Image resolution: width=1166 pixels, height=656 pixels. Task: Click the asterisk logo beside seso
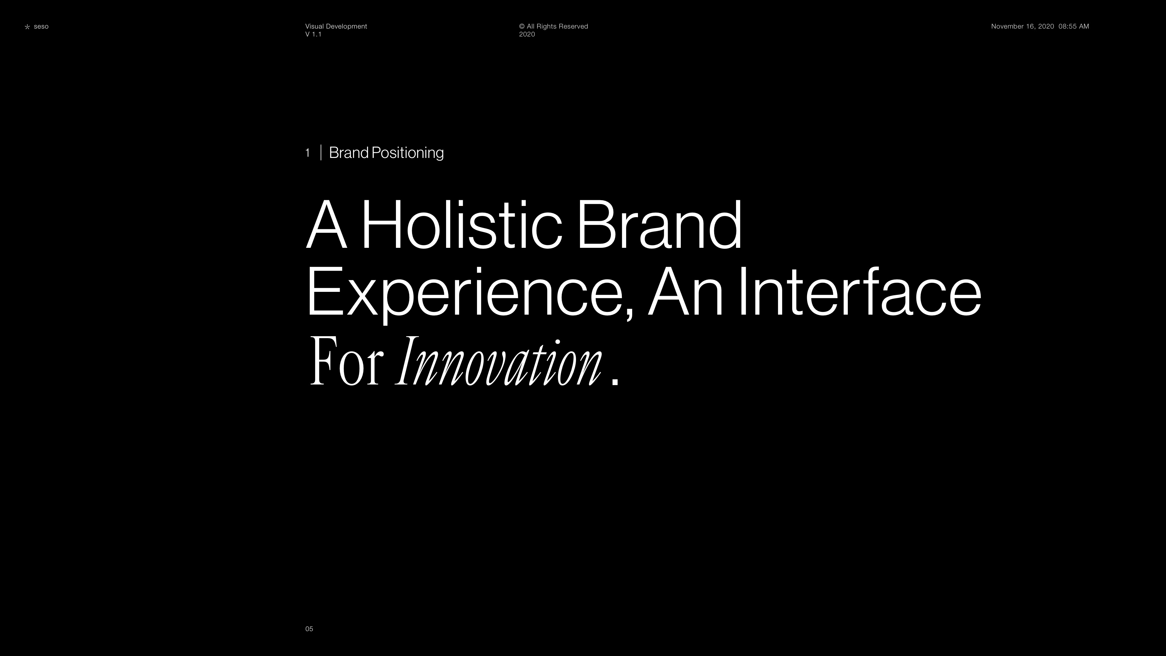click(27, 27)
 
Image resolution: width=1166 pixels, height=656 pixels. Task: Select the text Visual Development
click(336, 26)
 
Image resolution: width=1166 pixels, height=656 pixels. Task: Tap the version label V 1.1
click(313, 34)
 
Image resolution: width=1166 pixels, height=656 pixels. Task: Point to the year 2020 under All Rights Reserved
click(527, 34)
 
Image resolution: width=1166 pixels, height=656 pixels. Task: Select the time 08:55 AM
click(1074, 26)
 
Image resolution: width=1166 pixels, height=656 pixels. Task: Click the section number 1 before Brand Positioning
click(308, 153)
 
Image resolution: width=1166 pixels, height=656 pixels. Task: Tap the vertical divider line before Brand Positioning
click(321, 152)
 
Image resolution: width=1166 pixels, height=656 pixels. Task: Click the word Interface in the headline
click(860, 292)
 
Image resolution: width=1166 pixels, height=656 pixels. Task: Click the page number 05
click(309, 629)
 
